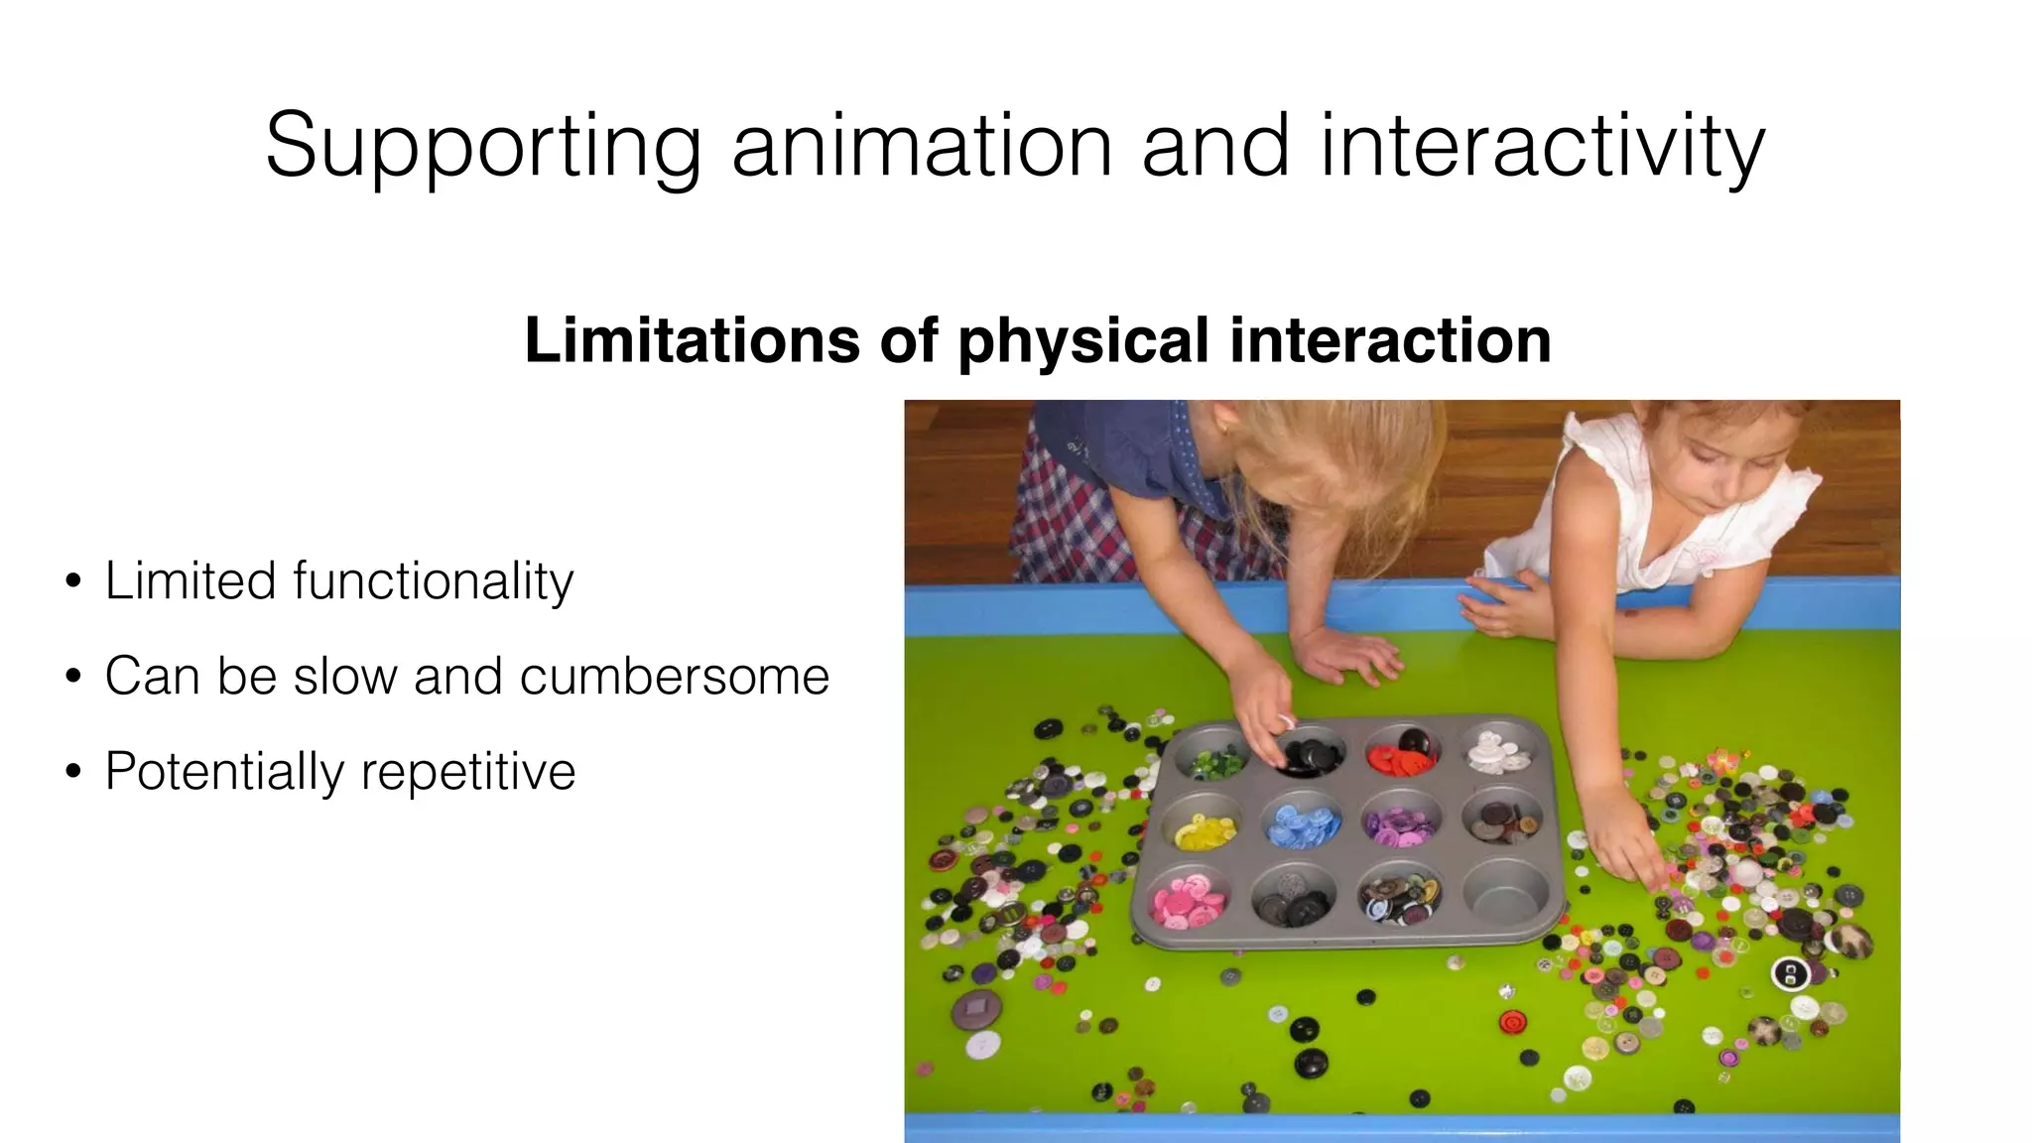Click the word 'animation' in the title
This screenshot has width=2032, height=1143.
point(922,147)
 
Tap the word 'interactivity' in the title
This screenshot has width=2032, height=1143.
point(1542,147)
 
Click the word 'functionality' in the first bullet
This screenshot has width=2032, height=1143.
point(434,581)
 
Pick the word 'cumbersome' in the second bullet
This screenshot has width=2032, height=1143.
point(675,677)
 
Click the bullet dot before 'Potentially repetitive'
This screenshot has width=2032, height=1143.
point(73,772)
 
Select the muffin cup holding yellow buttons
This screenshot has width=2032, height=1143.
point(1205,828)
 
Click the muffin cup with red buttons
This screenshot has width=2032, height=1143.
point(1401,753)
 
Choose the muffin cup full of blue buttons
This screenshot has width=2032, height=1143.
point(1302,825)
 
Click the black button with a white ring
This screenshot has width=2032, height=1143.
point(1790,974)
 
